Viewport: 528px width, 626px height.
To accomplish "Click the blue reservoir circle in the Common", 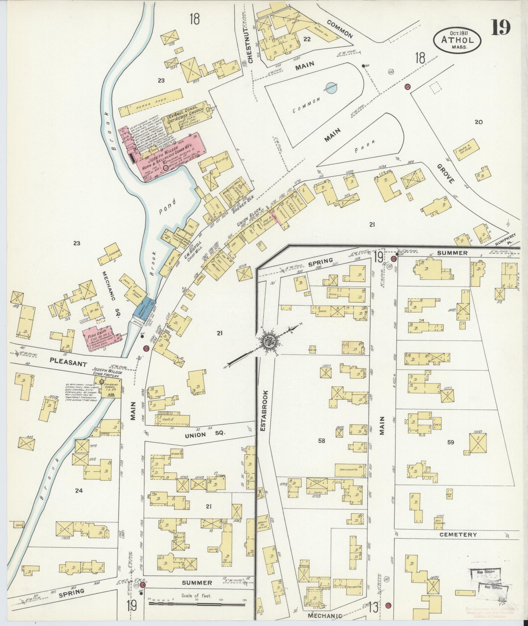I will [331, 88].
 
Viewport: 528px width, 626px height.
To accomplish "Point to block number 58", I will [321, 441].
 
